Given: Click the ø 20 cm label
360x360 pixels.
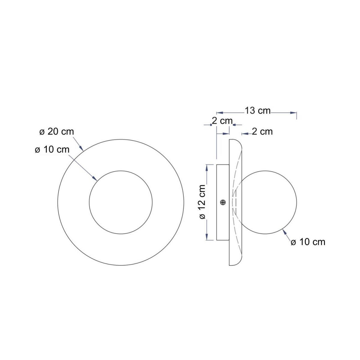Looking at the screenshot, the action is tap(57, 132).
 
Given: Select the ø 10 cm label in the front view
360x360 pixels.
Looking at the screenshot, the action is tap(52, 150).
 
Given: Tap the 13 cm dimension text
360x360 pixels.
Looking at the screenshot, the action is tap(258, 111).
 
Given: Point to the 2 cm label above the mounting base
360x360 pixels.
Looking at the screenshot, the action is tap(222, 121).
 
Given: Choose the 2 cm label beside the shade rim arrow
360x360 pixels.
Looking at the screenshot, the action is tap(262, 132).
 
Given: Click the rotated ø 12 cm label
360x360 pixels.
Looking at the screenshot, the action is tap(202, 202).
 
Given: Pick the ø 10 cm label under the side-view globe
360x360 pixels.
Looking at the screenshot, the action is tap(308, 242).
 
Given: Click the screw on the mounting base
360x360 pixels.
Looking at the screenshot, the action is tap(223, 202).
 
